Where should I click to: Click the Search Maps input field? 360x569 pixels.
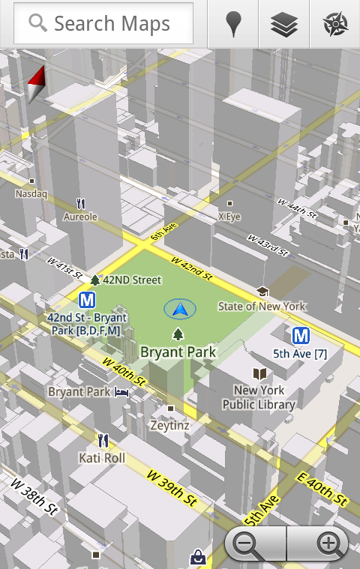[x=103, y=23]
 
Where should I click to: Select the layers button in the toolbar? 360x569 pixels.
[x=283, y=24]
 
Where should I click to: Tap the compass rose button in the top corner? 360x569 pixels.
[x=334, y=24]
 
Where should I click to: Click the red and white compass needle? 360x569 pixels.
[x=37, y=83]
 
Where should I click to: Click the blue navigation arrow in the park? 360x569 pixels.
[x=179, y=308]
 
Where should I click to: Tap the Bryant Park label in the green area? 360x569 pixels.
[x=178, y=352]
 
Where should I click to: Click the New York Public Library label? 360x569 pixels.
[x=259, y=397]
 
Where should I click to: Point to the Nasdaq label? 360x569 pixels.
[x=31, y=193]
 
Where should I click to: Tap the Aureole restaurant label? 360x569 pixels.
[x=80, y=217]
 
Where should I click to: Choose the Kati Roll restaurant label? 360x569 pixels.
[x=102, y=457]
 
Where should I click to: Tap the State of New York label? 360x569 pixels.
[x=262, y=306]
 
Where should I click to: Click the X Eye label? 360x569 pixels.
[x=229, y=216]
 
